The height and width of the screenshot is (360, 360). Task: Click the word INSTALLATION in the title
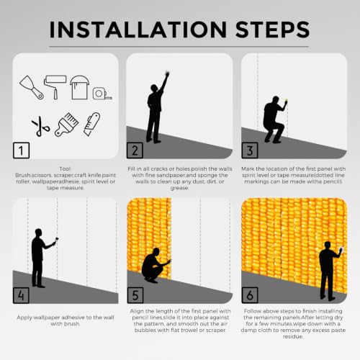[x=138, y=30]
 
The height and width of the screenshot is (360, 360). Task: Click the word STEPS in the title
[x=273, y=30]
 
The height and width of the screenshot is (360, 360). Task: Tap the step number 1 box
[x=21, y=150]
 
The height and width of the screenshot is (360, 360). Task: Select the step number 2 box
[x=135, y=150]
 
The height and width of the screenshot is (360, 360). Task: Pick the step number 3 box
[x=250, y=150]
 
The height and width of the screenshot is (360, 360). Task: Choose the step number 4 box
[x=21, y=295]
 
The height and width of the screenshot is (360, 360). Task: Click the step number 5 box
[x=135, y=295]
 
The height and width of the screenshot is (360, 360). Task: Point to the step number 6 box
[x=250, y=295]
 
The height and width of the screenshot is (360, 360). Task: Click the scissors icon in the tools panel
[x=41, y=126]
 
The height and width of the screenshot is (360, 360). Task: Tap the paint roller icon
[x=55, y=87]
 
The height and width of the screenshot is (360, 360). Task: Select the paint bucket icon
[x=79, y=87]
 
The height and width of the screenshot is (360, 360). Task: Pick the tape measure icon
[x=102, y=93]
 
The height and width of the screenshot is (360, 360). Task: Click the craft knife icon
[x=91, y=124]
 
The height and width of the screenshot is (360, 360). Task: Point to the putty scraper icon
[x=32, y=88]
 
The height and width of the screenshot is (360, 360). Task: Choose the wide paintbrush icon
[x=66, y=125]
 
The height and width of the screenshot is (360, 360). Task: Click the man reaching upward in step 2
[x=156, y=108]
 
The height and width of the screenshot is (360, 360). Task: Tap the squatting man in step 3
[x=274, y=120]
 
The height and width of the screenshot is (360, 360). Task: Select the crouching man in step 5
[x=156, y=265]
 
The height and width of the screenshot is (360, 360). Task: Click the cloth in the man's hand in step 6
[x=342, y=250]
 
